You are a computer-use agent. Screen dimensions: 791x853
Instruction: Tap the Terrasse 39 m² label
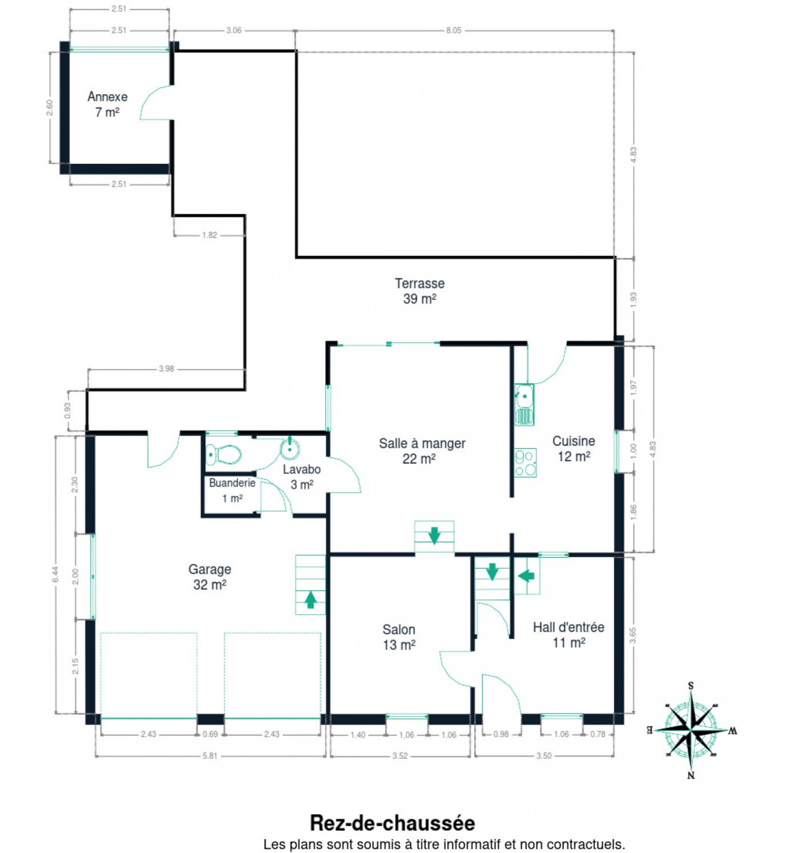point(419,291)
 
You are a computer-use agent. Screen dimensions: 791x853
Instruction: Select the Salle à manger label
point(422,443)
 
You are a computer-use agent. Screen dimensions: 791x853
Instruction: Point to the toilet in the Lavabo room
point(223,454)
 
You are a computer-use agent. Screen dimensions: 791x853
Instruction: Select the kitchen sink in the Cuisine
point(524,404)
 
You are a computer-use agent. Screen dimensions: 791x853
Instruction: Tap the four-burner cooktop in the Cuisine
point(525,462)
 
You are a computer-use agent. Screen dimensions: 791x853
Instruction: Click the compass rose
point(691,730)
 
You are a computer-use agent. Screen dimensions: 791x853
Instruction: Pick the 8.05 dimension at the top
point(454,30)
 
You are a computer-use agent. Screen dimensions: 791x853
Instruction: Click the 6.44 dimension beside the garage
point(55,575)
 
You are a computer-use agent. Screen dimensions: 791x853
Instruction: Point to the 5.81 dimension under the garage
point(210,755)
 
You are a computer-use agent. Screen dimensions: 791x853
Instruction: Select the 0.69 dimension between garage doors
point(211,734)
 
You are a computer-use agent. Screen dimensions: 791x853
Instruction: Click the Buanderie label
point(232,483)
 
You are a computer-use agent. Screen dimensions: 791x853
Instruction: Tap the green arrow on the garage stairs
point(310,599)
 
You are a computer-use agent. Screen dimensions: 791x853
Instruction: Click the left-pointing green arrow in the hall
point(526,576)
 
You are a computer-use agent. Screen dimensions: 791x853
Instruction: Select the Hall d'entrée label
point(568,627)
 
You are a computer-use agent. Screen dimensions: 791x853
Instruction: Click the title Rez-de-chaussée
point(392,823)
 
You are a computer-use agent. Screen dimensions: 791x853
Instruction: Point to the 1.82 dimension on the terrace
point(209,235)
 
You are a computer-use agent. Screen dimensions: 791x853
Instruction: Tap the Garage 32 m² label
point(209,577)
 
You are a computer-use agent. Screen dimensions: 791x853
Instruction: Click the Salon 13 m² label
point(399,637)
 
